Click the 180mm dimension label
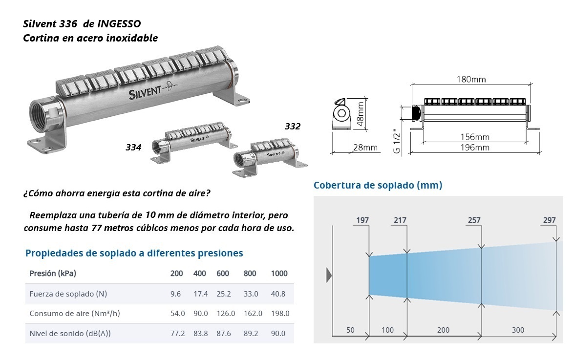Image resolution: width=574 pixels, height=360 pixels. pyautogui.click(x=471, y=80)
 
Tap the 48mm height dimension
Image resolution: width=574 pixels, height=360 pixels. pyautogui.click(x=360, y=114)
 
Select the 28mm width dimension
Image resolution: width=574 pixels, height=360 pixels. pyautogui.click(x=365, y=148)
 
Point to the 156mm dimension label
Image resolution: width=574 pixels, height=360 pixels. pyautogui.click(x=475, y=137)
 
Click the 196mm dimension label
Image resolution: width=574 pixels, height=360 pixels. pyautogui.click(x=475, y=148)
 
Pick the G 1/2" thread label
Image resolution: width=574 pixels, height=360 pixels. pyautogui.click(x=397, y=141)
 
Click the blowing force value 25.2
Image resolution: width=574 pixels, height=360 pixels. pyautogui.click(x=224, y=294)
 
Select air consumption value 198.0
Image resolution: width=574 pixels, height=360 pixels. pyautogui.click(x=280, y=314)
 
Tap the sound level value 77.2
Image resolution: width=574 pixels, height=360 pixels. pyautogui.click(x=177, y=333)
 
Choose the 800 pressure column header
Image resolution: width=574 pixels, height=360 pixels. pyautogui.click(x=250, y=273)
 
